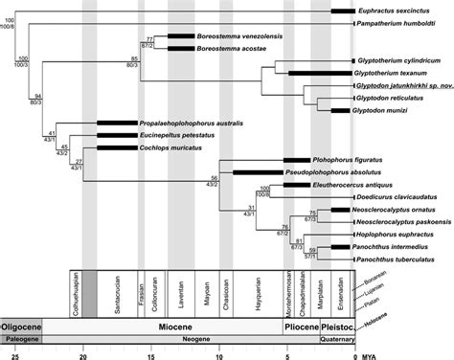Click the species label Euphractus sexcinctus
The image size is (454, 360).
tap(402, 10)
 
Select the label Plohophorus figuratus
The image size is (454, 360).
tap(347, 161)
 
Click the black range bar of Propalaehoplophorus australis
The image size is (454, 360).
tap(117, 124)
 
